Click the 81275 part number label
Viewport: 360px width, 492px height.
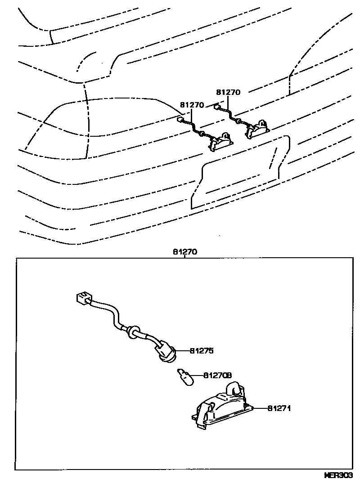click(201, 351)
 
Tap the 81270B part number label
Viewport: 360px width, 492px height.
click(217, 375)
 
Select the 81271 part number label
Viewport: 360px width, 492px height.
click(280, 409)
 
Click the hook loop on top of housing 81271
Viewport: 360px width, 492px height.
click(236, 387)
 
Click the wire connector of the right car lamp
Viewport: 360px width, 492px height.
click(217, 107)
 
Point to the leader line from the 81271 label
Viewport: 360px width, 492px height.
click(261, 409)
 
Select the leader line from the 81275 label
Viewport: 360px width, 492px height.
click(182, 351)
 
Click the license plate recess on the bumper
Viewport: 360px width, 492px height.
click(238, 173)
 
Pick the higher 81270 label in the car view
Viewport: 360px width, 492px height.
click(228, 93)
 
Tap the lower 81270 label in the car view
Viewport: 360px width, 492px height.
click(192, 105)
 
